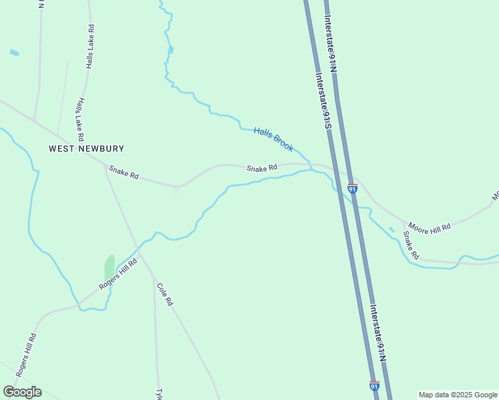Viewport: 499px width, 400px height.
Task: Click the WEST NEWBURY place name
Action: tap(87, 149)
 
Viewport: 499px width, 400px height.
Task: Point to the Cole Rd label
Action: tap(165, 294)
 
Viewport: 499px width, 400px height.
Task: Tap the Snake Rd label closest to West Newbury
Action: tap(123, 173)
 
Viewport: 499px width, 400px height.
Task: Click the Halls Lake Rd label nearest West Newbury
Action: tap(80, 119)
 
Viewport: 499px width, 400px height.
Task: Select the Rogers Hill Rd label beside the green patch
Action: tap(118, 274)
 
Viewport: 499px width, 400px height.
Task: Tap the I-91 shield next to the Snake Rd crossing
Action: tap(352, 189)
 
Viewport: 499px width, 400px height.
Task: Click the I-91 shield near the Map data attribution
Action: tap(374, 386)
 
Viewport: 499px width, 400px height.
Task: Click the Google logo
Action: tap(22, 392)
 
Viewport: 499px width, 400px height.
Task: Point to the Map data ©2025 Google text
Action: tap(458, 395)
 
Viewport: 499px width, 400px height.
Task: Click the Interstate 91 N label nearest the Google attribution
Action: tap(378, 333)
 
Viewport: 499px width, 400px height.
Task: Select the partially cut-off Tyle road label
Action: tap(159, 394)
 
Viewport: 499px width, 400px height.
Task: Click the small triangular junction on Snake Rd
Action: tap(176, 189)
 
